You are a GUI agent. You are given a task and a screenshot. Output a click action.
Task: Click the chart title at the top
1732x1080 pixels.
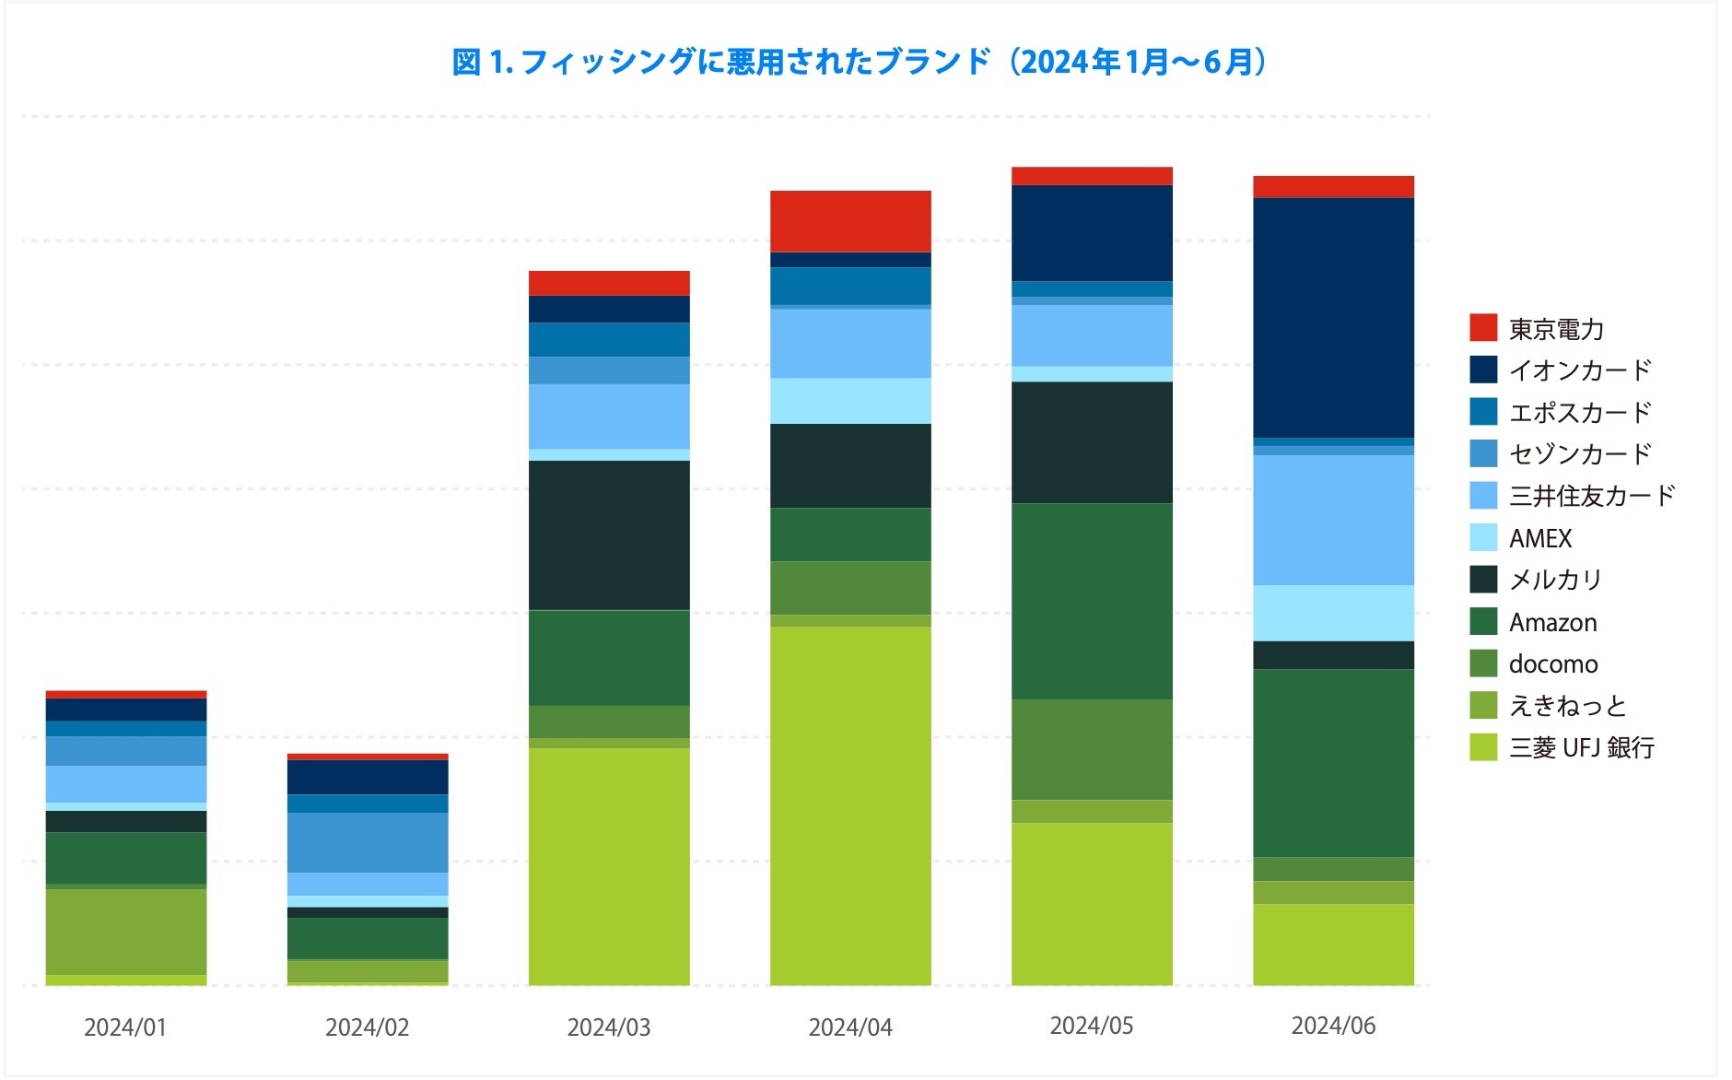[x=860, y=63]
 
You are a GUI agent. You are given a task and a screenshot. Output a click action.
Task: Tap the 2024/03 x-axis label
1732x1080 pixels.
[x=608, y=1027]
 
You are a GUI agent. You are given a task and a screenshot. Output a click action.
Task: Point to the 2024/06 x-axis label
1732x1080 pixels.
[x=1332, y=1026]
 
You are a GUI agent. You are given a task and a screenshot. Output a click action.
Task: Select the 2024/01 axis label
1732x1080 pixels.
[x=125, y=1027]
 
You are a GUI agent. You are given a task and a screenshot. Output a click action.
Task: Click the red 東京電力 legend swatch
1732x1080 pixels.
[x=1482, y=327]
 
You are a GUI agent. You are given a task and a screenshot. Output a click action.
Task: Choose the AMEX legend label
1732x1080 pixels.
[x=1539, y=538]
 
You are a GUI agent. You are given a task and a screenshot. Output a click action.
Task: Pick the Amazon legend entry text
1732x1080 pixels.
[x=1552, y=622]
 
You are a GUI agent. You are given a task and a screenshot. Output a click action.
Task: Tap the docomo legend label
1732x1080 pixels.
[x=1552, y=663]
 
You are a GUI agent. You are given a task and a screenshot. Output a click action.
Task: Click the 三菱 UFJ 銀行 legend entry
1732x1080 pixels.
[x=1581, y=747]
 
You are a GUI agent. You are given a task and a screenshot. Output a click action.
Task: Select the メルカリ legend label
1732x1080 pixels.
[x=1555, y=580]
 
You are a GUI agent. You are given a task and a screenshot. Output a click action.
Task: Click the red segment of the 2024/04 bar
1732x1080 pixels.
[x=849, y=221]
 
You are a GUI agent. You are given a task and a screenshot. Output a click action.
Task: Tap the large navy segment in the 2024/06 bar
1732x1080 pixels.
[x=1332, y=318]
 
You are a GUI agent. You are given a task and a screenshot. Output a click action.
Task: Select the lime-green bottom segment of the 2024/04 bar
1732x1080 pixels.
[x=849, y=806]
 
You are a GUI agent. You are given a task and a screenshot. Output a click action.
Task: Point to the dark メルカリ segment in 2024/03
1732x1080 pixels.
[x=608, y=534]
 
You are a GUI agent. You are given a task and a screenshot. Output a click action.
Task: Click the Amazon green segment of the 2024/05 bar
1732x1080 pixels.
[x=1091, y=601]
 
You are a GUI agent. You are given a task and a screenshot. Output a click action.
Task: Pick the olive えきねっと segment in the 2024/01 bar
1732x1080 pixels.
[x=125, y=931]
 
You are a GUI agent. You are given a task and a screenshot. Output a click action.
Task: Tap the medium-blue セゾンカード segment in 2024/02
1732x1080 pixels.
[x=367, y=842]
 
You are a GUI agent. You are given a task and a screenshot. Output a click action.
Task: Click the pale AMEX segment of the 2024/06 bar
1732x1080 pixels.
[x=1332, y=613]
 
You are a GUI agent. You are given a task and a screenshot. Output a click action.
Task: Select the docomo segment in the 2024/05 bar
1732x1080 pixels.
[x=1091, y=749]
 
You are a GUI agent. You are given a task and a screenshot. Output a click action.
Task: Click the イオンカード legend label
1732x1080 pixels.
[x=1579, y=370]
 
